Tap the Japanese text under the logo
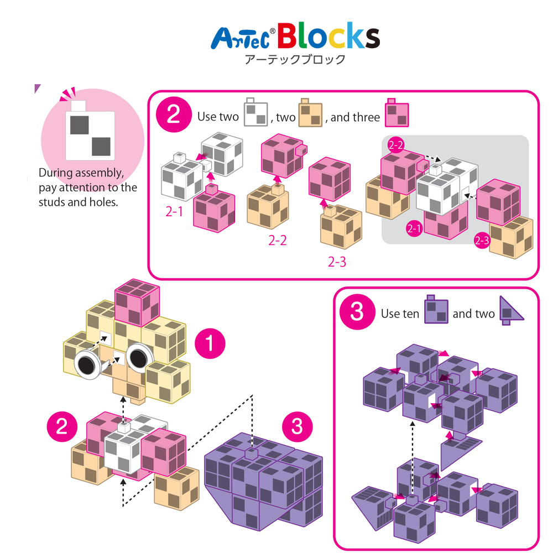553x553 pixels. click(295, 59)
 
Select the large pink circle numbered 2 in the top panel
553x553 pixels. click(174, 114)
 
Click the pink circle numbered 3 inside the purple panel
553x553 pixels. click(357, 312)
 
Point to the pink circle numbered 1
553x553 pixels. click(210, 343)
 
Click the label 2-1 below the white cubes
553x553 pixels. click(174, 212)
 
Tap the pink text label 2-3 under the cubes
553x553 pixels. click(337, 262)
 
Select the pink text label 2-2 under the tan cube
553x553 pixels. click(278, 240)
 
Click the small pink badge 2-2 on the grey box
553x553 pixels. click(396, 145)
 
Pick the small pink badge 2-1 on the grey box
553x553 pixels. click(414, 228)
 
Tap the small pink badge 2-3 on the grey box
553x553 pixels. click(482, 241)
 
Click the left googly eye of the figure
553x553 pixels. click(87, 364)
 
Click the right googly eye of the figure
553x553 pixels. click(139, 358)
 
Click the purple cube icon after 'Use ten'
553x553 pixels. click(436, 309)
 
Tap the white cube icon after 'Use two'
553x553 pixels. click(255, 112)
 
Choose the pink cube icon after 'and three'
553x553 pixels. click(397, 112)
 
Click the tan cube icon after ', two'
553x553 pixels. click(310, 112)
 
